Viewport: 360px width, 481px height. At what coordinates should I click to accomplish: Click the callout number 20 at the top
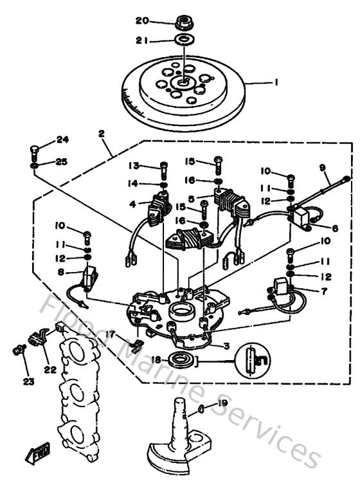[x=142, y=21]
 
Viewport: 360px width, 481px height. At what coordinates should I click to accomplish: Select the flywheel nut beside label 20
[x=184, y=23]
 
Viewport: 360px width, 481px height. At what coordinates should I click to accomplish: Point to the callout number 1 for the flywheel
[x=276, y=82]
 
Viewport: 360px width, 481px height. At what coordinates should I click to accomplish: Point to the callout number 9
[x=323, y=168]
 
